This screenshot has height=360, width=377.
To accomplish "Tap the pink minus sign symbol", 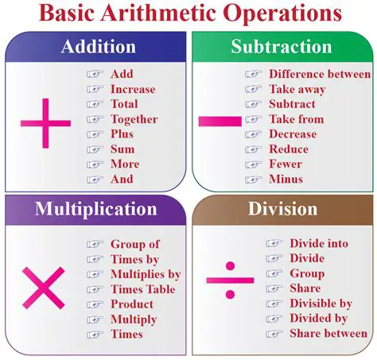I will (x=219, y=121).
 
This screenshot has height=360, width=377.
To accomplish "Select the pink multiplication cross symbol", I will (x=44, y=288).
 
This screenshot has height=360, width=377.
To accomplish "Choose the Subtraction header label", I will (x=282, y=46).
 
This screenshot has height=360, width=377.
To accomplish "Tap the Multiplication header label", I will (x=95, y=210).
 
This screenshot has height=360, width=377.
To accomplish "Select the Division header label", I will (x=282, y=210).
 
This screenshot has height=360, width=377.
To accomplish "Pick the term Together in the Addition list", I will (x=134, y=119).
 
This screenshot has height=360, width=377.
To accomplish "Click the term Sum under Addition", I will (x=122, y=149).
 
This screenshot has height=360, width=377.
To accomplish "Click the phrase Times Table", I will (x=144, y=289).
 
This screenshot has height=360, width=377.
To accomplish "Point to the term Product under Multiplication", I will (x=132, y=304).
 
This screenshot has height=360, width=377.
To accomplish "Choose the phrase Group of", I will (x=134, y=245).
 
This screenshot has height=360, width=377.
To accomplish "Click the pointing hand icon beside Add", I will (x=95, y=75).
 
